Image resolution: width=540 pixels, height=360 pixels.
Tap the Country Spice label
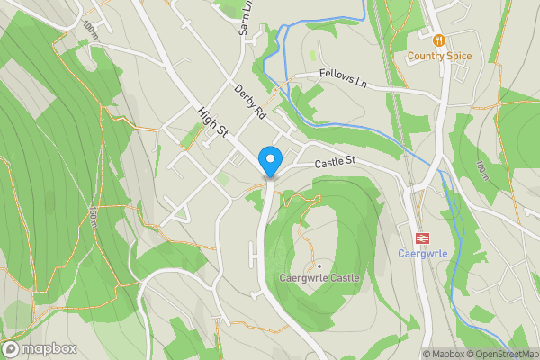pyautogui.click(x=439, y=56)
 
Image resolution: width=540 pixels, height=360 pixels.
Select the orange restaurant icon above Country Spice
pyautogui.click(x=439, y=40)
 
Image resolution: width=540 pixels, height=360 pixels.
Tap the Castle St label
pyautogui.click(x=336, y=162)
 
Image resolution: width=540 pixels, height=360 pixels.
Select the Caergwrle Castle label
pyautogui.click(x=319, y=278)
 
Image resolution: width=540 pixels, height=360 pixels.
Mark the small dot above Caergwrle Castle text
pyautogui.click(x=319, y=265)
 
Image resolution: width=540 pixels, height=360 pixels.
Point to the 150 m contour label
pyautogui.click(x=94, y=216)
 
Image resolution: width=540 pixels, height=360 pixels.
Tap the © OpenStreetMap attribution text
pyautogui.click(x=502, y=354)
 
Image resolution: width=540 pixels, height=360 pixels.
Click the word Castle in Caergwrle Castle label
pyautogui.click(x=343, y=278)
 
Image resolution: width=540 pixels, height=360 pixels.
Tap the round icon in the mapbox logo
pyautogui.click(x=12, y=348)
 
